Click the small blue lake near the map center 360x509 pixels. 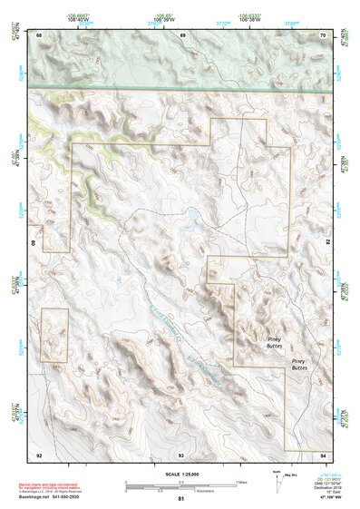192,217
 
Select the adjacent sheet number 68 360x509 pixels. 39,34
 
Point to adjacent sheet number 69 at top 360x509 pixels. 182,34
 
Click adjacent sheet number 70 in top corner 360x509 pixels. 324,34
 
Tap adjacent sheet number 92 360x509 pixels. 39,454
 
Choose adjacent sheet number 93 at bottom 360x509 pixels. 181,454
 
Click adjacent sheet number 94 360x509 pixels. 324,454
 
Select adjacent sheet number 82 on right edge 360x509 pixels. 328,243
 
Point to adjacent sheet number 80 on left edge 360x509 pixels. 35,243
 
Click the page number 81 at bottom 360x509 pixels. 181,499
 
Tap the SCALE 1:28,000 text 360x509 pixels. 181,474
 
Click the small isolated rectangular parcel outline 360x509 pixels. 54,335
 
